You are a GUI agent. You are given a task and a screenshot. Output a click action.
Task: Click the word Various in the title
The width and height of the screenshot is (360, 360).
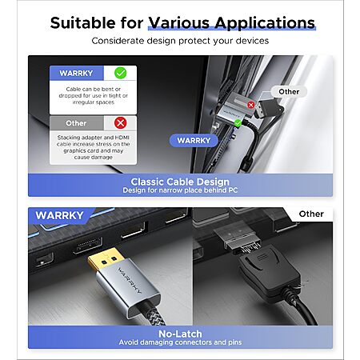178,22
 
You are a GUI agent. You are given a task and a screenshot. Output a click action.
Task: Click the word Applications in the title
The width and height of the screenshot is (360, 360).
265,23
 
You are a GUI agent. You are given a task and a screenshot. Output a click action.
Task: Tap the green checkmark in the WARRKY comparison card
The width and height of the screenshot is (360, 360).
120,73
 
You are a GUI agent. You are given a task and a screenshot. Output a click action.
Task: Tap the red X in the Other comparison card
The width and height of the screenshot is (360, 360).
120,123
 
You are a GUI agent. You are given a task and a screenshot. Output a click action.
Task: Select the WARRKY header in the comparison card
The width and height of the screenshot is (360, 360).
76,73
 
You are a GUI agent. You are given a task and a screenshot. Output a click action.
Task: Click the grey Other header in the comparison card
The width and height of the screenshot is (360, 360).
76,123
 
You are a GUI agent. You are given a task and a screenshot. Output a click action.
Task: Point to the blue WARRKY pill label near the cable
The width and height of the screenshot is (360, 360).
194,141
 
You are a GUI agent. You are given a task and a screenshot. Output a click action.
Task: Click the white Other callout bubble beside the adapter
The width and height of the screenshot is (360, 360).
289,92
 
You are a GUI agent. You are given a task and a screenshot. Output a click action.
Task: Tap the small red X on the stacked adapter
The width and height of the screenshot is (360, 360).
250,105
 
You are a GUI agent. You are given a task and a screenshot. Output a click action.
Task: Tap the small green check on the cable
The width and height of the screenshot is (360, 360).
238,123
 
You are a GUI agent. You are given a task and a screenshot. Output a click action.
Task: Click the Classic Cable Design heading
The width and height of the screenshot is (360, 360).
180,182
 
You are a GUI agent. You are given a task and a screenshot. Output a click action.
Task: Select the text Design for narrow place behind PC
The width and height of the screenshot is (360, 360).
180,190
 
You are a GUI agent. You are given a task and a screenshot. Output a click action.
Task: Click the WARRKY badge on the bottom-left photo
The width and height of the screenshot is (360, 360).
59,215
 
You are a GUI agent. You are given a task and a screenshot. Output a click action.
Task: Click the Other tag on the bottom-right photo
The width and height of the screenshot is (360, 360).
311,214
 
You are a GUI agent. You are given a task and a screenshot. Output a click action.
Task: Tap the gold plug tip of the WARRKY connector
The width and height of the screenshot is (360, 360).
105,262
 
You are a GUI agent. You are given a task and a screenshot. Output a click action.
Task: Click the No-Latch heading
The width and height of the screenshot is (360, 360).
180,334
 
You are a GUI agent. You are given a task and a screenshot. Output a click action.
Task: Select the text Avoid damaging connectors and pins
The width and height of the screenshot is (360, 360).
180,342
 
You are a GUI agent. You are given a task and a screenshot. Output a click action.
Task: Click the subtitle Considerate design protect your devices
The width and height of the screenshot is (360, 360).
180,41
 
